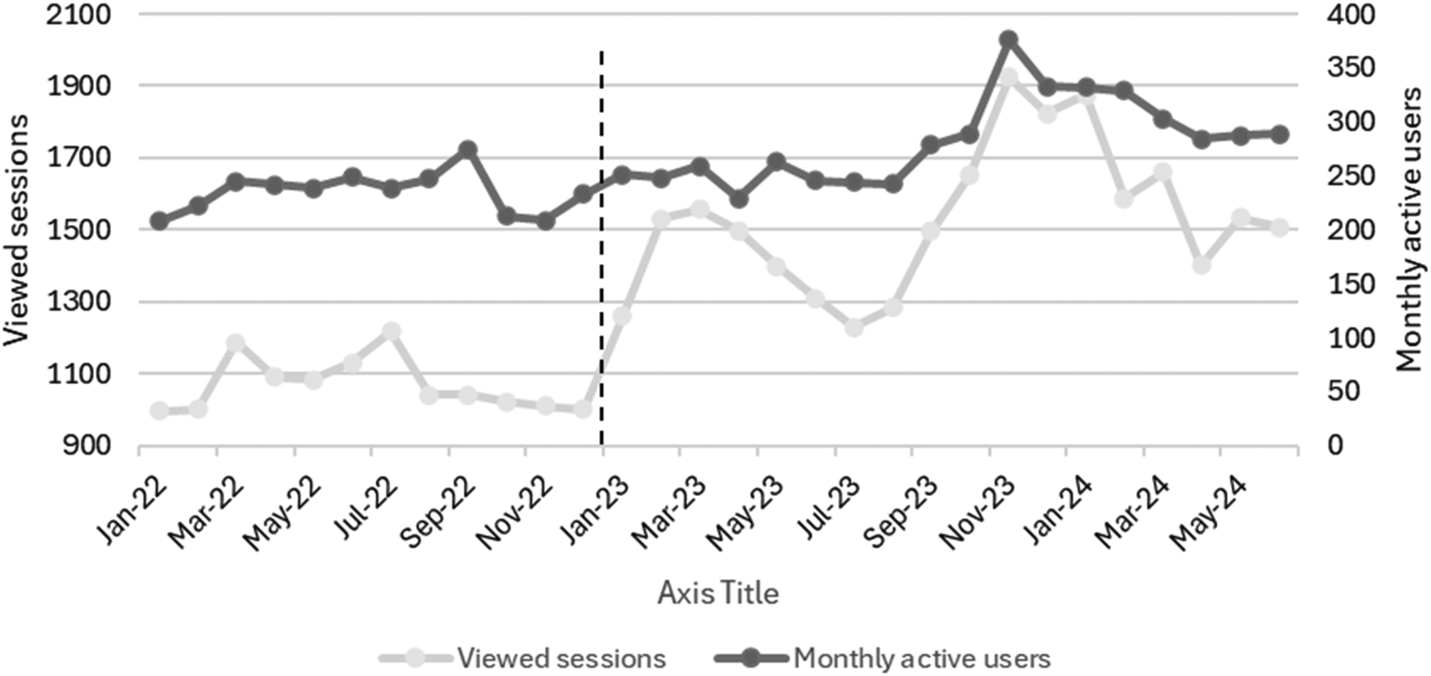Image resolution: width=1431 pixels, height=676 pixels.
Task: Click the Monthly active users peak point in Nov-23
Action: [1008, 39]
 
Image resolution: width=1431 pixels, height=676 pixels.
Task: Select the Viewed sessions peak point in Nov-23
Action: [1008, 79]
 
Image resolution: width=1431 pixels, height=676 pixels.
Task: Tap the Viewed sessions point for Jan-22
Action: [160, 411]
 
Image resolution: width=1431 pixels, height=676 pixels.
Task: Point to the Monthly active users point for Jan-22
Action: [160, 221]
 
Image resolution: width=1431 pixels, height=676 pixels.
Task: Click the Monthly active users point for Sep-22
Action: [468, 150]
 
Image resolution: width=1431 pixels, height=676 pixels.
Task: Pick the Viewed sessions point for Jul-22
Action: [391, 331]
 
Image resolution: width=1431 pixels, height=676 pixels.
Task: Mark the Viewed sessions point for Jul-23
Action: [854, 327]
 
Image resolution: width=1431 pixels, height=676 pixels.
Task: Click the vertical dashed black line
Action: [602, 246]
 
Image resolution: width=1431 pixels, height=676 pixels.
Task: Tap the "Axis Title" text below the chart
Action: [718, 593]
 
